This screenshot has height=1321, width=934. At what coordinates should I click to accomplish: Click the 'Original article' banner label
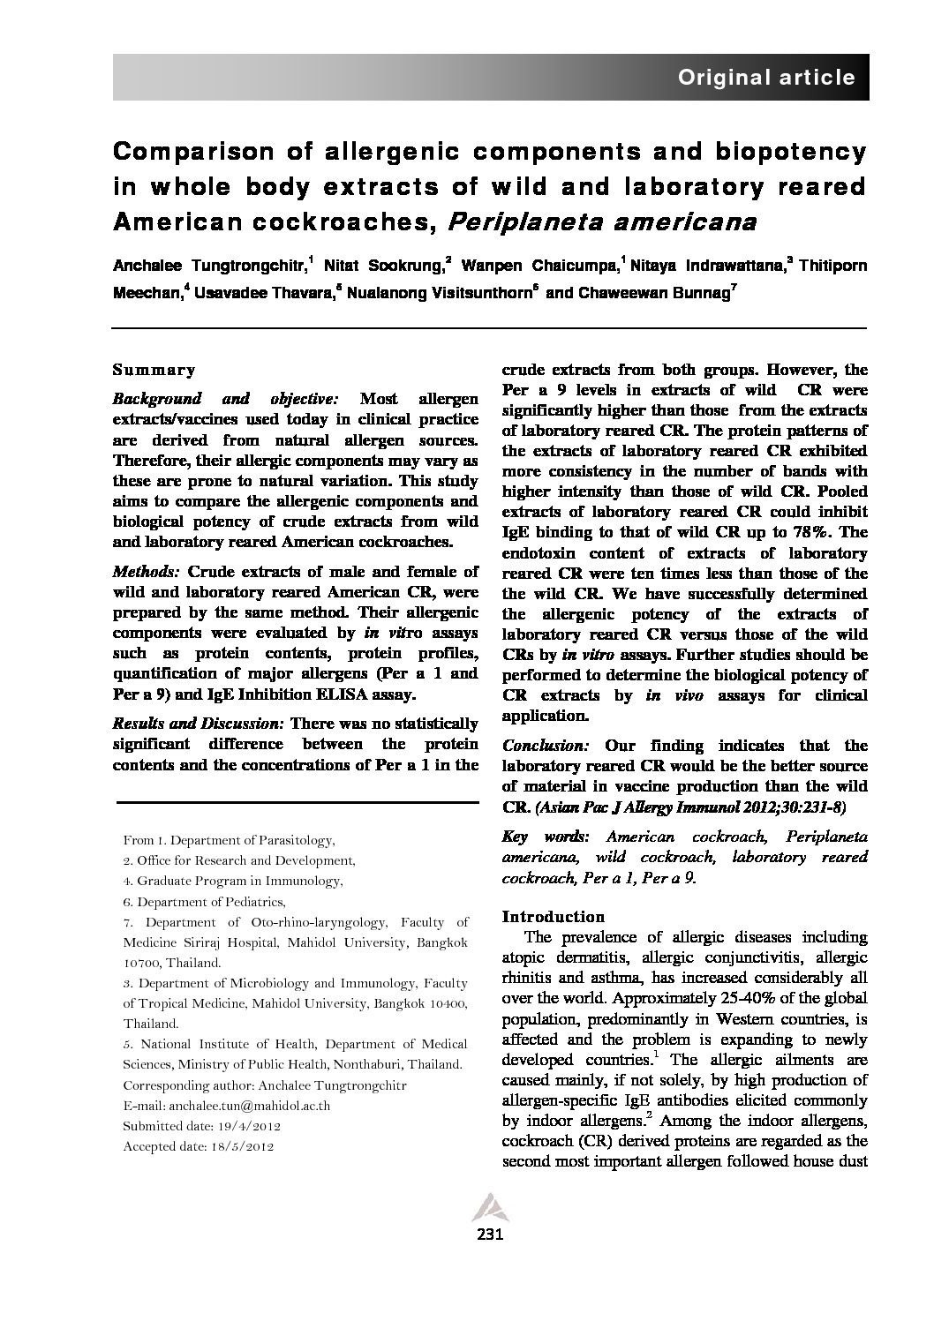click(765, 78)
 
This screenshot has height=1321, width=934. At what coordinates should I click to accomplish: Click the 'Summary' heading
click(154, 371)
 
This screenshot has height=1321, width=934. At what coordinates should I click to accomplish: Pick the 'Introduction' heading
click(554, 916)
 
